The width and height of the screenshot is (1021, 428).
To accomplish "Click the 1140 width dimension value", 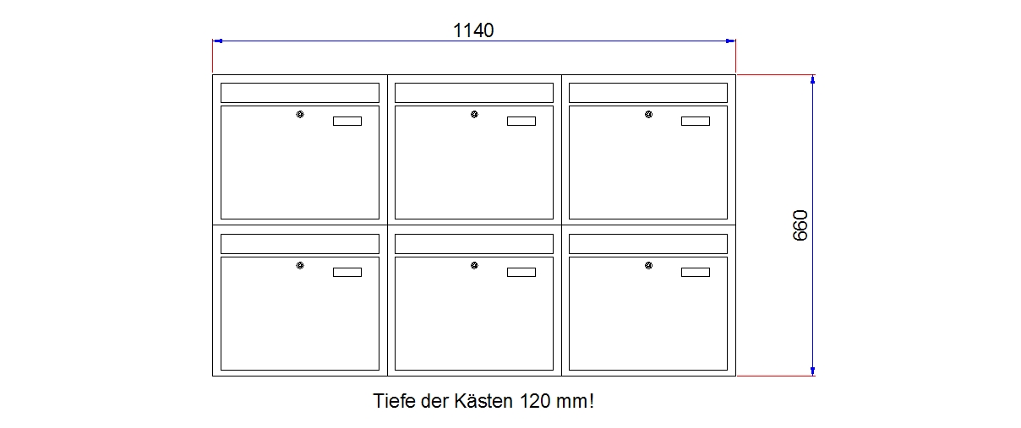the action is [x=473, y=30].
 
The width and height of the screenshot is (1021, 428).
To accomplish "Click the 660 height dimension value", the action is [x=800, y=225].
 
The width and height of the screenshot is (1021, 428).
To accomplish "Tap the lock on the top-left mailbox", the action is [x=300, y=114].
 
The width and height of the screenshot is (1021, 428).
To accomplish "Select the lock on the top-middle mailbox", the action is [x=474, y=114].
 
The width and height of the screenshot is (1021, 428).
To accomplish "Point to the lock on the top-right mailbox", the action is [x=648, y=114].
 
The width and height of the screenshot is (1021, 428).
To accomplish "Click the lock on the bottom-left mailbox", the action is [x=300, y=265].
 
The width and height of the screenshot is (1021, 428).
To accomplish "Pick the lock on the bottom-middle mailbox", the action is [x=474, y=265].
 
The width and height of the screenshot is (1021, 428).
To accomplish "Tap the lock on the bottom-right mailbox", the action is [x=648, y=265].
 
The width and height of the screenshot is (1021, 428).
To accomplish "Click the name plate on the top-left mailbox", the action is [x=347, y=121].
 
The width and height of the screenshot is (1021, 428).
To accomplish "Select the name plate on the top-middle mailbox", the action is [x=521, y=121].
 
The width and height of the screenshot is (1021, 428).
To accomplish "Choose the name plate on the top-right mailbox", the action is [x=696, y=121].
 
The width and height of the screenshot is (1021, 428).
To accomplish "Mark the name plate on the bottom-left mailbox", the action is [x=347, y=273].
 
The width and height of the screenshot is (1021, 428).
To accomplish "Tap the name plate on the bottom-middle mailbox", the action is [x=521, y=273].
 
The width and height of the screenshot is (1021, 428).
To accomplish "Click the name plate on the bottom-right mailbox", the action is [x=696, y=273].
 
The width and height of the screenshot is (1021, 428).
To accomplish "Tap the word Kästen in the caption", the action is [x=483, y=401].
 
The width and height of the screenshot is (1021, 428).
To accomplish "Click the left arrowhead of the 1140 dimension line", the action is [x=218, y=41].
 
